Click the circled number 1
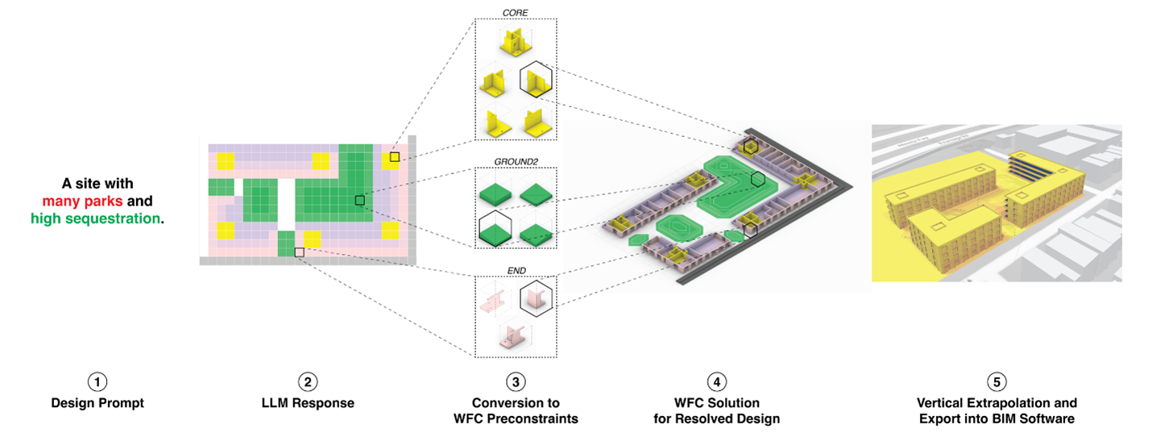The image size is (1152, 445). click(x=97, y=382)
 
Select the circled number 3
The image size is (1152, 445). click(x=516, y=382)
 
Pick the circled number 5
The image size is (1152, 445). click(x=997, y=382)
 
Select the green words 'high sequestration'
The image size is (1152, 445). click(x=96, y=218)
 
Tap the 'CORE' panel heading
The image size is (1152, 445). click(x=516, y=14)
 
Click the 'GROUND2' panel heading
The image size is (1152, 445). click(x=516, y=161)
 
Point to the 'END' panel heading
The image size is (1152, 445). click(x=516, y=270)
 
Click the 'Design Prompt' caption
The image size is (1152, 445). click(x=97, y=403)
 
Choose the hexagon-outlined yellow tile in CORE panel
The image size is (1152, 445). click(x=536, y=81)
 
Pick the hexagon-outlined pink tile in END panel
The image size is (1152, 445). click(x=535, y=299)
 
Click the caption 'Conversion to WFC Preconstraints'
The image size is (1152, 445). click(x=516, y=410)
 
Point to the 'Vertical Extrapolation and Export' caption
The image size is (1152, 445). click(x=997, y=410)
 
